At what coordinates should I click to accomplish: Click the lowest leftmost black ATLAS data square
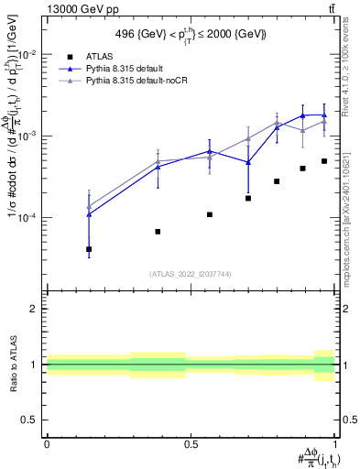pos(89,249)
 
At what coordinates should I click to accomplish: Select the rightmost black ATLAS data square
pos(324,161)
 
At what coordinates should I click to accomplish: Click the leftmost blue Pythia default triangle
pos(89,214)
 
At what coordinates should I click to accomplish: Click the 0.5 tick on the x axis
pos(191,443)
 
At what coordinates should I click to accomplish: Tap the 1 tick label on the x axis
pos(334,443)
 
